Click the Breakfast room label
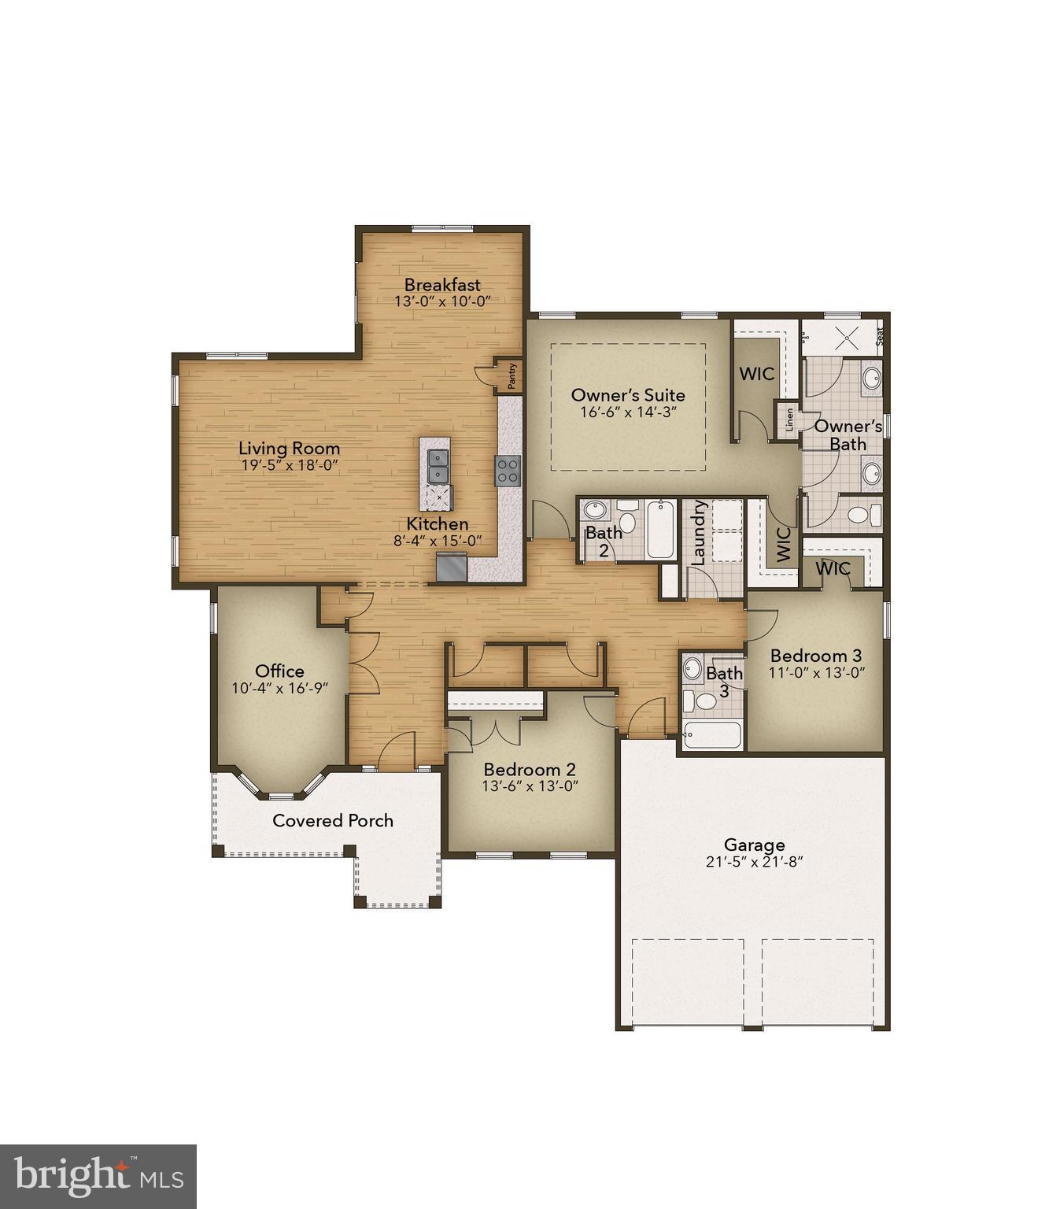click(442, 284)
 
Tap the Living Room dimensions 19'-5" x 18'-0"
click(290, 465)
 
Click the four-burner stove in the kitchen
click(508, 471)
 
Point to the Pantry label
click(512, 375)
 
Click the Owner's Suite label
click(628, 395)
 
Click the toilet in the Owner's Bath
click(862, 516)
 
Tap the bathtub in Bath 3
click(711, 735)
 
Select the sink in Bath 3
click(693, 669)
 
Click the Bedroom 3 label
click(816, 655)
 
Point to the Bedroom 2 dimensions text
click(530, 786)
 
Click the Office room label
click(279, 671)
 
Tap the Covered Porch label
click(333, 820)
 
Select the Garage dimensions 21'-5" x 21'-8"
click(754, 862)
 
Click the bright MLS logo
click(98, 1177)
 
